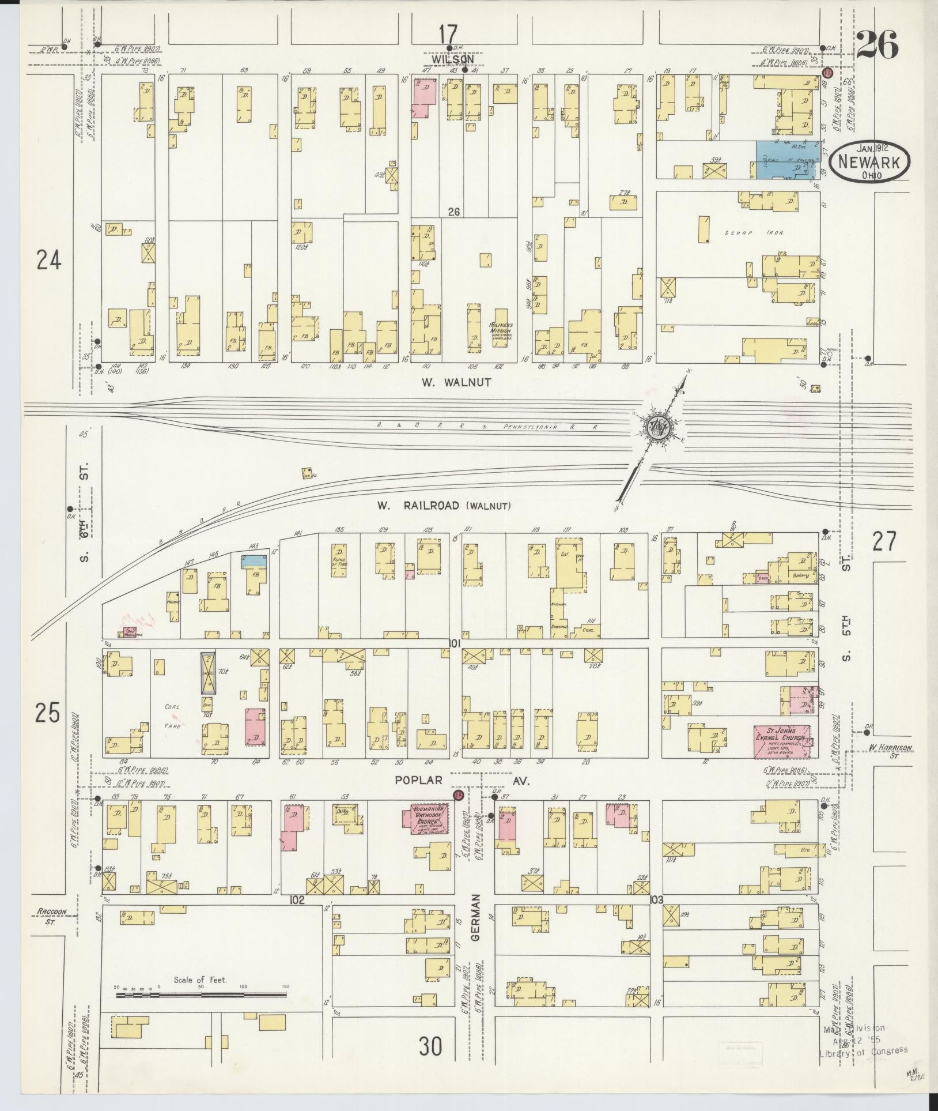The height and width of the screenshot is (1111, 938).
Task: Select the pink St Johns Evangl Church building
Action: (x=782, y=742)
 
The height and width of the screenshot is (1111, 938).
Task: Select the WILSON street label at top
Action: (x=452, y=59)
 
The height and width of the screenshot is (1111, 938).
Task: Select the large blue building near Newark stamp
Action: (x=784, y=159)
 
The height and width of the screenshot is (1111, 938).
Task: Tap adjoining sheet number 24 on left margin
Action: (x=48, y=262)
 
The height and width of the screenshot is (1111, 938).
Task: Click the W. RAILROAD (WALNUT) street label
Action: (x=444, y=506)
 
